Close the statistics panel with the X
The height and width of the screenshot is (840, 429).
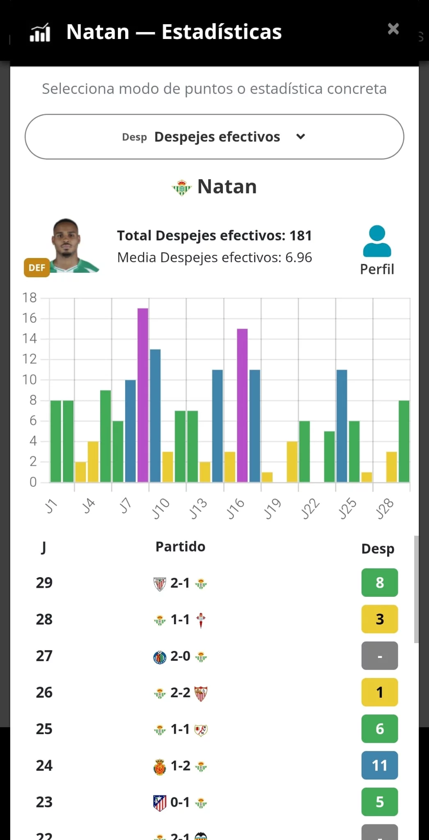click(393, 29)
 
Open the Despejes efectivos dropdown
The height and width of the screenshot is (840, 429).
click(214, 137)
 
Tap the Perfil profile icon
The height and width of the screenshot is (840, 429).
click(377, 242)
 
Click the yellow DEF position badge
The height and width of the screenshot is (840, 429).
click(37, 268)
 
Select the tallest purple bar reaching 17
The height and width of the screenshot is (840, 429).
click(143, 395)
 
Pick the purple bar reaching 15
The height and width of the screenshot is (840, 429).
click(242, 405)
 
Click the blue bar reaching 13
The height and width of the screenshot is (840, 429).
click(155, 415)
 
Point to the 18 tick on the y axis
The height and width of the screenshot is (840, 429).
click(30, 298)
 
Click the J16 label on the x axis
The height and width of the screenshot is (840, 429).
click(235, 509)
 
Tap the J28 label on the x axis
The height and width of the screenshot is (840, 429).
click(385, 509)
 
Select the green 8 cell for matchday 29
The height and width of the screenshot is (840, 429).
click(379, 582)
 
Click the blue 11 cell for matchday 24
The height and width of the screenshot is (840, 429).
click(379, 765)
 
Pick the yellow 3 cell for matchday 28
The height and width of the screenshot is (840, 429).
click(379, 619)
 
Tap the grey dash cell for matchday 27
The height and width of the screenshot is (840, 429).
click(379, 656)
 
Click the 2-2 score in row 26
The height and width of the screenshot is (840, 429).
click(180, 692)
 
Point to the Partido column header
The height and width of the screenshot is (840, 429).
click(180, 547)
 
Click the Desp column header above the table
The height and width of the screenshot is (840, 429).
click(378, 549)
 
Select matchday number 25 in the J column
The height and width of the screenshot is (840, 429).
click(44, 729)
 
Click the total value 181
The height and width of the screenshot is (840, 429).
click(301, 236)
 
